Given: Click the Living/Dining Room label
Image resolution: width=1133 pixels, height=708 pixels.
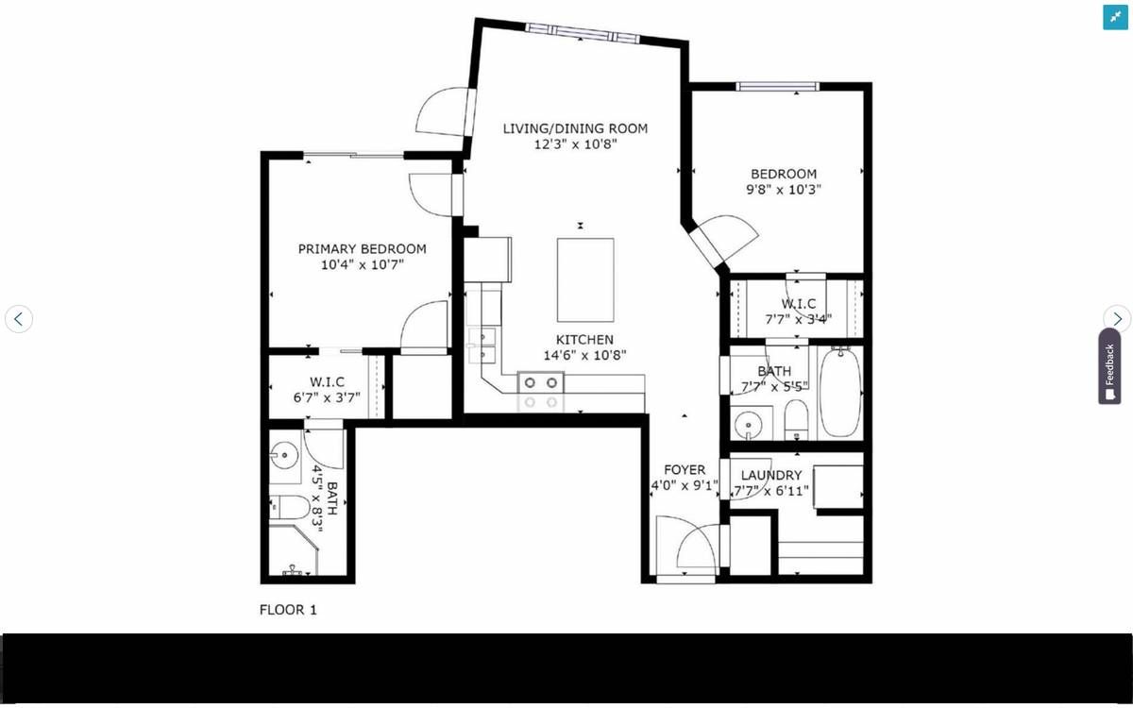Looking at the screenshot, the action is point(575,128).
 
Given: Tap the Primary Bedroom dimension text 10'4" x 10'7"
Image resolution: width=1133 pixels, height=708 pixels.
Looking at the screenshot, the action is point(363,264).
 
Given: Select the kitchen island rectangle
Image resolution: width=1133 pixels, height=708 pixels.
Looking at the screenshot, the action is point(585,279).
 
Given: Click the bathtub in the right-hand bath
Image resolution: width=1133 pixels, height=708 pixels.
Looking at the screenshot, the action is point(840,393).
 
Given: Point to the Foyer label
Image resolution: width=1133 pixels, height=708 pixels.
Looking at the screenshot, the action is point(685,470).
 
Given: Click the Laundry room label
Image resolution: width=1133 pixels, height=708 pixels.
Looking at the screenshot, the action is point(771,476).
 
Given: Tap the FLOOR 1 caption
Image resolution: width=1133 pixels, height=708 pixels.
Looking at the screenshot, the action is point(288,610).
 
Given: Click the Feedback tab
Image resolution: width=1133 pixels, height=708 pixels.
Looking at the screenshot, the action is point(1109,366).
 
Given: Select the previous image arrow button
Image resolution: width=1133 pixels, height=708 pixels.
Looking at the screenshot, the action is point(19,319).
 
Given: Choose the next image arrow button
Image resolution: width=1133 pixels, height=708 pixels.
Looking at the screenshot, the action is point(1117,319).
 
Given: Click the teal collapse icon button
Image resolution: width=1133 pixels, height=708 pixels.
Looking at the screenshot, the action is point(1115,18).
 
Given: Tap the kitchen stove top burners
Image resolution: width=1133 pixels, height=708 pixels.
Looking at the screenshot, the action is point(541,393).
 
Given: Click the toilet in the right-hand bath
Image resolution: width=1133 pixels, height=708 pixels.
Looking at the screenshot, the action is point(796,420).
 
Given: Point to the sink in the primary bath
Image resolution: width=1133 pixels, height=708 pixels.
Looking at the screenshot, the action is point(285,456).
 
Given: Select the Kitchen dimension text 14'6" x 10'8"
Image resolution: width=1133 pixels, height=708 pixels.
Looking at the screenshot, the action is point(584,356).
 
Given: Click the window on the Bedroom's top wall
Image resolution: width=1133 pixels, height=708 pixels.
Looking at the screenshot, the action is point(777,87).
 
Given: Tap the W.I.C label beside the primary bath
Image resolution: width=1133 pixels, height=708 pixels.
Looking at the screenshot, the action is point(327,381).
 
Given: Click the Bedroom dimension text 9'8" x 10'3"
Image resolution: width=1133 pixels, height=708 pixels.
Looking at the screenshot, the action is point(784,190).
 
